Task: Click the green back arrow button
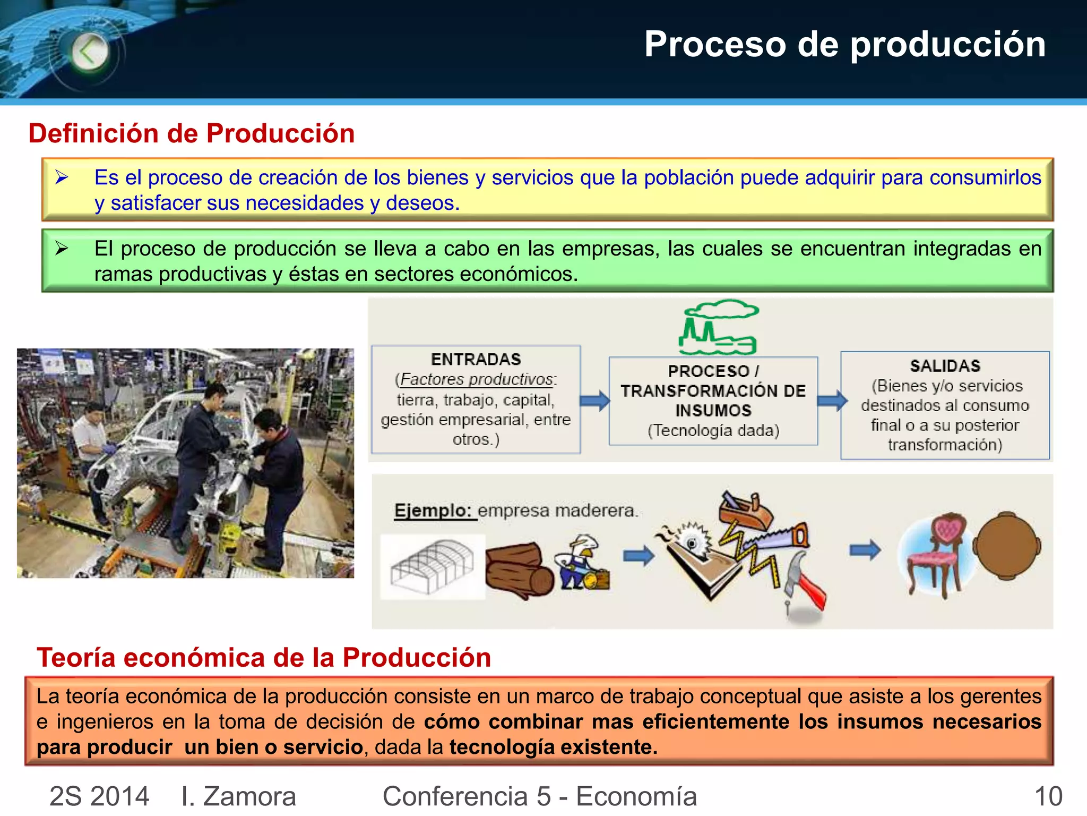click(89, 52)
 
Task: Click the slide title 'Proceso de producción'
click(844, 44)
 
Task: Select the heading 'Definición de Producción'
click(192, 133)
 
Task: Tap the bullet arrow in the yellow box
click(62, 177)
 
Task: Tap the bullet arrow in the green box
click(62, 248)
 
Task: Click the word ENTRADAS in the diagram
click(476, 360)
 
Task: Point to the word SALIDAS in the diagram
click(945, 366)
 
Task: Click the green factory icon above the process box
click(719, 327)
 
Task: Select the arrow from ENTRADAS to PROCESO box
click(594, 401)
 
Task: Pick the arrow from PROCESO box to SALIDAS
click(832, 401)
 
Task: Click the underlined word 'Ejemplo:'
click(433, 511)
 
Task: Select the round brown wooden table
click(1007, 546)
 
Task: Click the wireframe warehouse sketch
click(433, 566)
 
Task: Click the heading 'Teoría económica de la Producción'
click(264, 658)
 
